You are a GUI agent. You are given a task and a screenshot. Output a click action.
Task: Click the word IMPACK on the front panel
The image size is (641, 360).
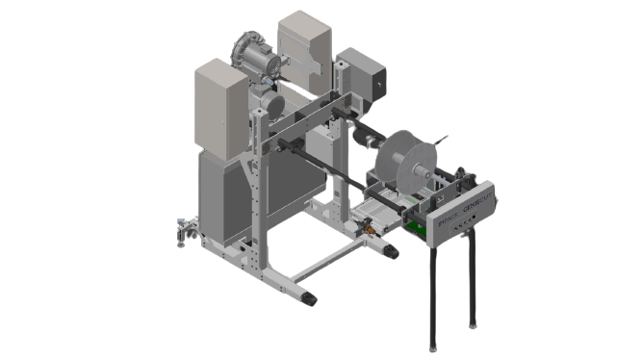pyautogui.click(x=446, y=220)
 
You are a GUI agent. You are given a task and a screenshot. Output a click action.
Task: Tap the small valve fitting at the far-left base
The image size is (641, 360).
pyautogui.click(x=181, y=230)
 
